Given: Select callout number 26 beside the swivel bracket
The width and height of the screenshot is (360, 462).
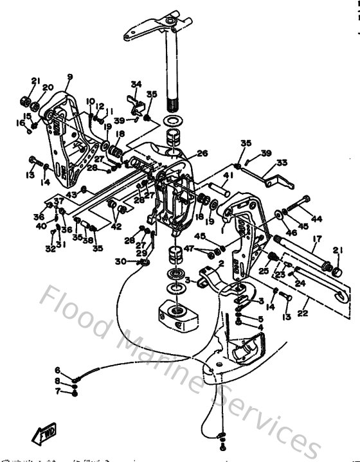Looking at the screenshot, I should pos(202,153).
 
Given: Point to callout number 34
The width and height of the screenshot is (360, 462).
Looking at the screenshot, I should pos(136,84).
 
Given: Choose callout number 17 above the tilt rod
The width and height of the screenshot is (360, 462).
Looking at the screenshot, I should pos(316,237).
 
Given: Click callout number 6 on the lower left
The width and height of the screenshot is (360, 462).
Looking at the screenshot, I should pos(57,370).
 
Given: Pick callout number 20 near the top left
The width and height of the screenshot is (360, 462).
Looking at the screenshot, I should pos(48,87).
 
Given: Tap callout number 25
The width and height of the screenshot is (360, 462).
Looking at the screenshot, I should pos(264,271).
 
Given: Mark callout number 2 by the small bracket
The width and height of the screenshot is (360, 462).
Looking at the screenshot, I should pos(221,263).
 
